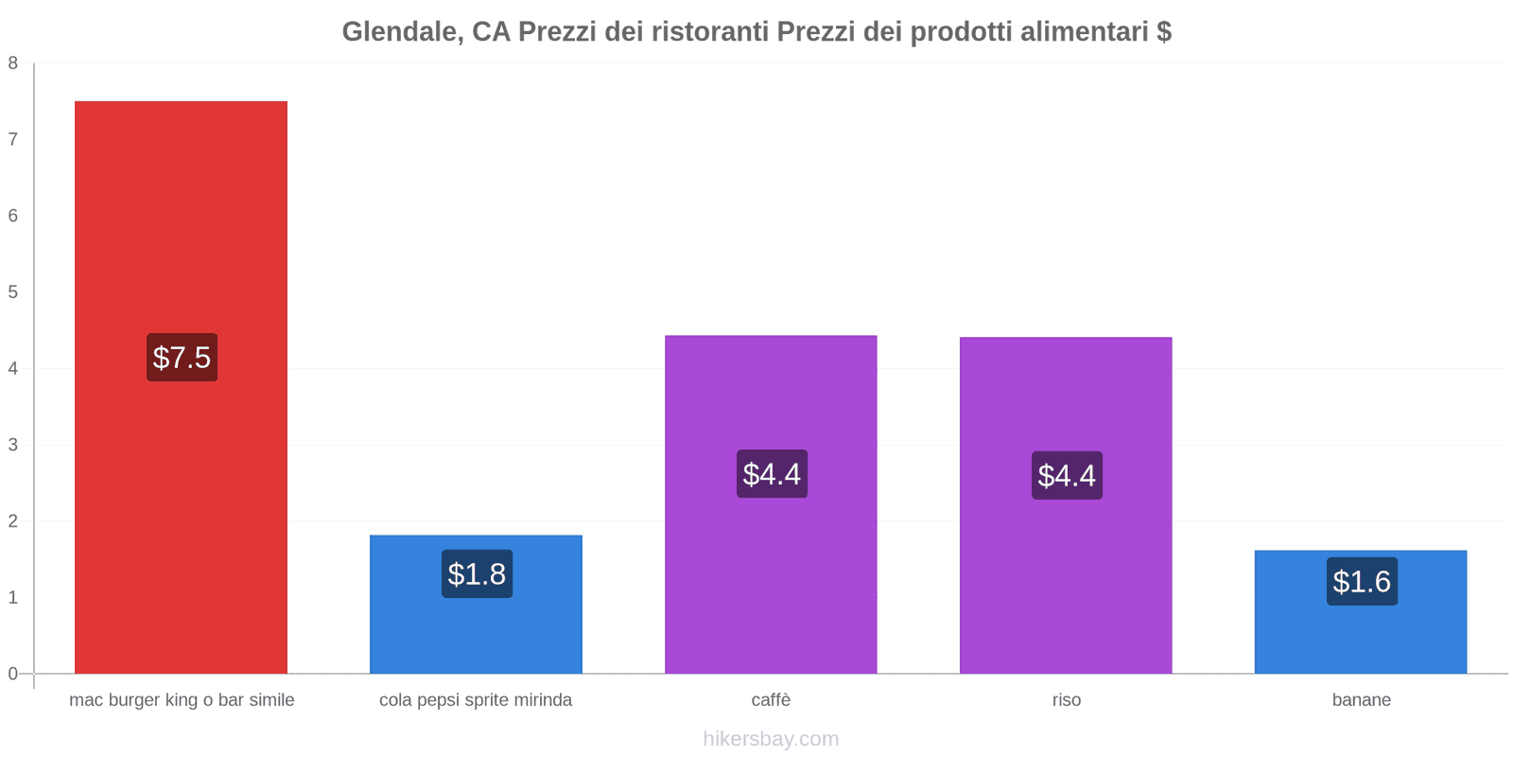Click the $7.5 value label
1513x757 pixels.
(182, 358)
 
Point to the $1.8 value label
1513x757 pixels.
(477, 574)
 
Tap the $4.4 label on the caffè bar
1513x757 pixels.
(772, 474)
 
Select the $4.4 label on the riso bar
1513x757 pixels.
(1067, 476)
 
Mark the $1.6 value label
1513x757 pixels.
(1362, 582)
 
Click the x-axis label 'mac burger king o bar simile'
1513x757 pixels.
(182, 700)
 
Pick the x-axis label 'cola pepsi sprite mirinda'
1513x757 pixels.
(476, 700)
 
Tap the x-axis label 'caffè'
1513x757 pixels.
(771, 700)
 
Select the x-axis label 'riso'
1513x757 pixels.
(1066, 700)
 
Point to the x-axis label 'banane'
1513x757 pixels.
(1361, 700)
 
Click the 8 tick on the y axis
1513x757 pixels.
(13, 63)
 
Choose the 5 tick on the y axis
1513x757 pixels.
(13, 292)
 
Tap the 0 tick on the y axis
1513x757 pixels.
(13, 674)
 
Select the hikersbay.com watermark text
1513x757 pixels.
(771, 739)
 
